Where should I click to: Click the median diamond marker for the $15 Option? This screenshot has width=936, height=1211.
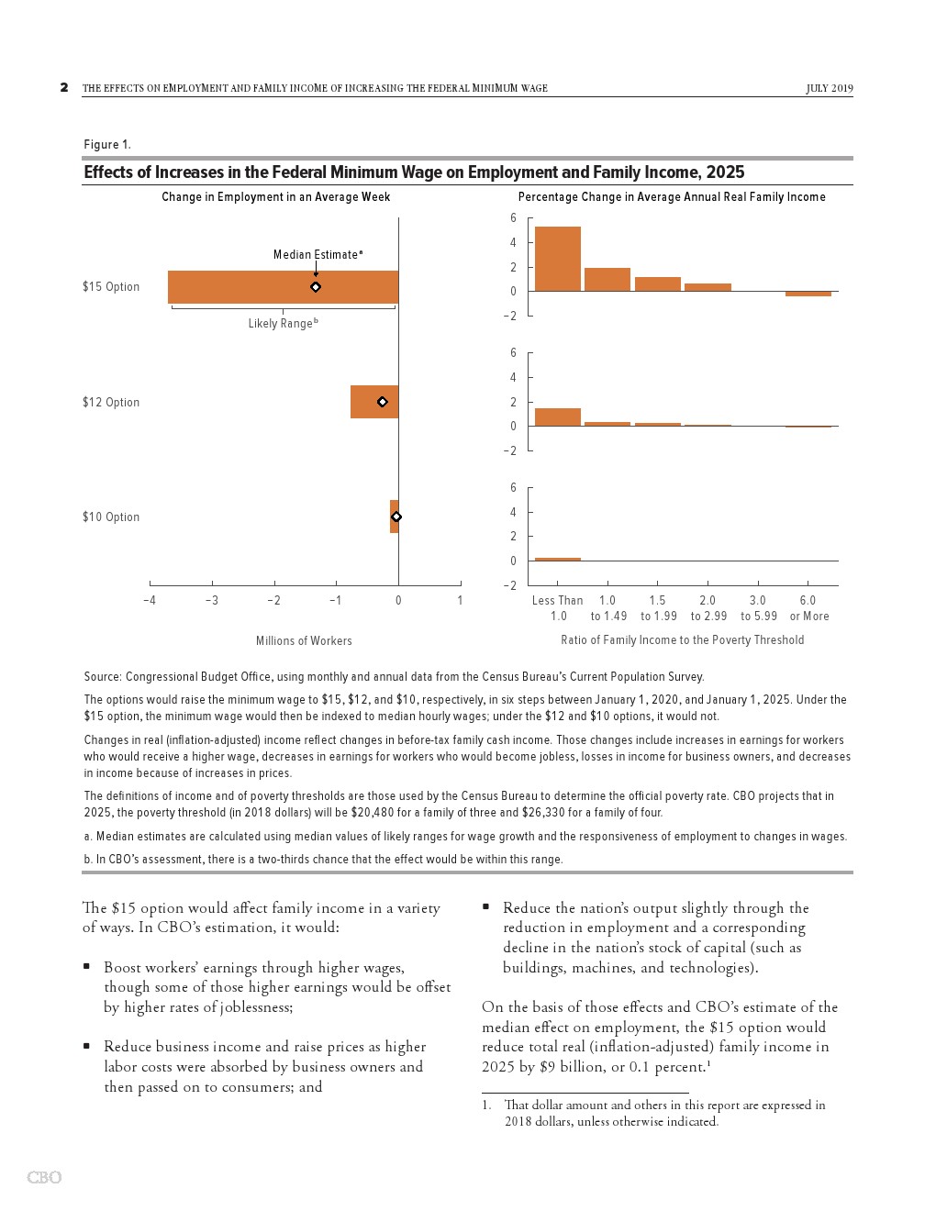pos(316,287)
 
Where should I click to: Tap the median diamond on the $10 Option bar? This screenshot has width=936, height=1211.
pos(396,517)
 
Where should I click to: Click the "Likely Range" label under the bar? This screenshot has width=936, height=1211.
pos(283,323)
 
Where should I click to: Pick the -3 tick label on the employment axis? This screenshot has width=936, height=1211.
pos(212,600)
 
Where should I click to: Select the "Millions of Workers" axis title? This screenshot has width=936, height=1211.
pos(304,640)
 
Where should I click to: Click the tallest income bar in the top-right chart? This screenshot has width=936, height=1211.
pos(558,259)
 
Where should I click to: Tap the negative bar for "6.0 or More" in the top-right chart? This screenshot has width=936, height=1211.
pos(808,294)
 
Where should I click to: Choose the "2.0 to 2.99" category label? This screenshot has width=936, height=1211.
pos(708,608)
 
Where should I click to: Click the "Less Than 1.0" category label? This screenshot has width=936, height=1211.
pos(558,608)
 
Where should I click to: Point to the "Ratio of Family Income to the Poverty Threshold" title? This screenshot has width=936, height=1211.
pos(682,639)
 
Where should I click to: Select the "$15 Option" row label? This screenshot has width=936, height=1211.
pos(111,286)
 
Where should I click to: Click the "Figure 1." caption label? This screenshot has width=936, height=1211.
pos(107,144)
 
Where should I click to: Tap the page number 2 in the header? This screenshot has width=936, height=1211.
pos(64,88)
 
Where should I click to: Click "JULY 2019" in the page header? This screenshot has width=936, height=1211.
pos(830,88)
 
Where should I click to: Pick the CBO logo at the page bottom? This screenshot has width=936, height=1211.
pos(44,1177)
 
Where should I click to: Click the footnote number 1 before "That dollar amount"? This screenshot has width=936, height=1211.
pos(487,1105)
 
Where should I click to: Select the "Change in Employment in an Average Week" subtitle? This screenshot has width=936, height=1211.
pos(276,196)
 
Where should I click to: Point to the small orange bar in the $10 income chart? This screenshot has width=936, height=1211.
pos(558,559)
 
